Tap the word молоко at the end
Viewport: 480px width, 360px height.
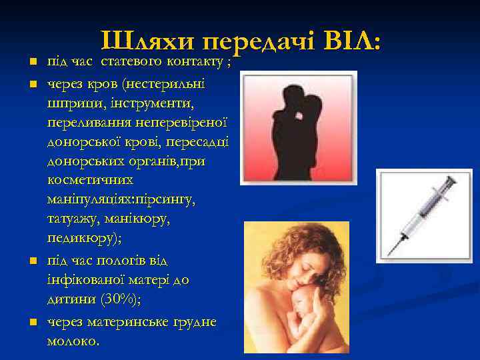click(x=73, y=341)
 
